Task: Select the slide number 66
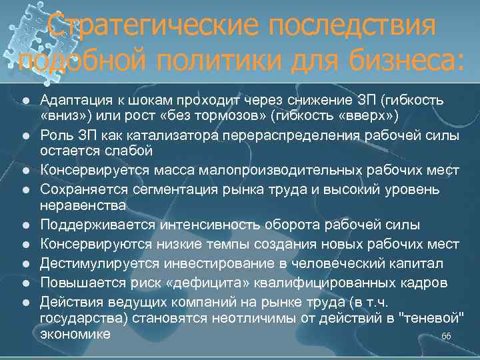(x=446, y=337)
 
